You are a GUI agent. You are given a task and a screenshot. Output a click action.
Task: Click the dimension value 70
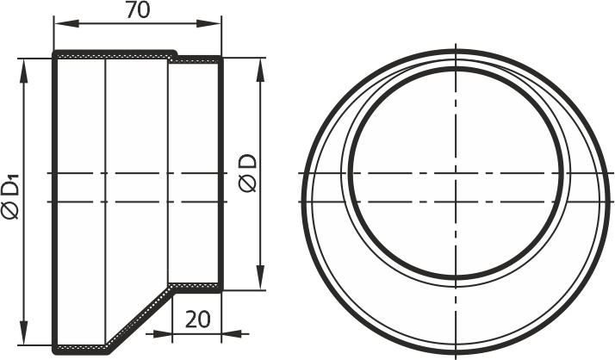click(x=138, y=10)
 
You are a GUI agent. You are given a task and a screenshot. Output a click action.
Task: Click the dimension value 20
click(x=198, y=320)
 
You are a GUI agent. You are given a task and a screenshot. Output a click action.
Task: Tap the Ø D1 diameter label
click(x=10, y=198)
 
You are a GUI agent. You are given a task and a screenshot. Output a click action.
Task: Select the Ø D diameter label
click(x=248, y=173)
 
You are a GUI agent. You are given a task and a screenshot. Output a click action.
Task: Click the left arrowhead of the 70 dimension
click(x=66, y=24)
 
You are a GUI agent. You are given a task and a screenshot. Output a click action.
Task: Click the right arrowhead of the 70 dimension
click(x=208, y=24)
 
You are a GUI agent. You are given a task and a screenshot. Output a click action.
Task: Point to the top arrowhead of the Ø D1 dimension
click(x=24, y=71)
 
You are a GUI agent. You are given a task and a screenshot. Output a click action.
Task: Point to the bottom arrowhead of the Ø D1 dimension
click(x=24, y=333)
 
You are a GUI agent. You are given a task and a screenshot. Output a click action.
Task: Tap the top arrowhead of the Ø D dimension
click(x=260, y=71)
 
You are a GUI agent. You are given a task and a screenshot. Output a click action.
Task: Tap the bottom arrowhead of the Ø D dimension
click(x=260, y=278)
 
